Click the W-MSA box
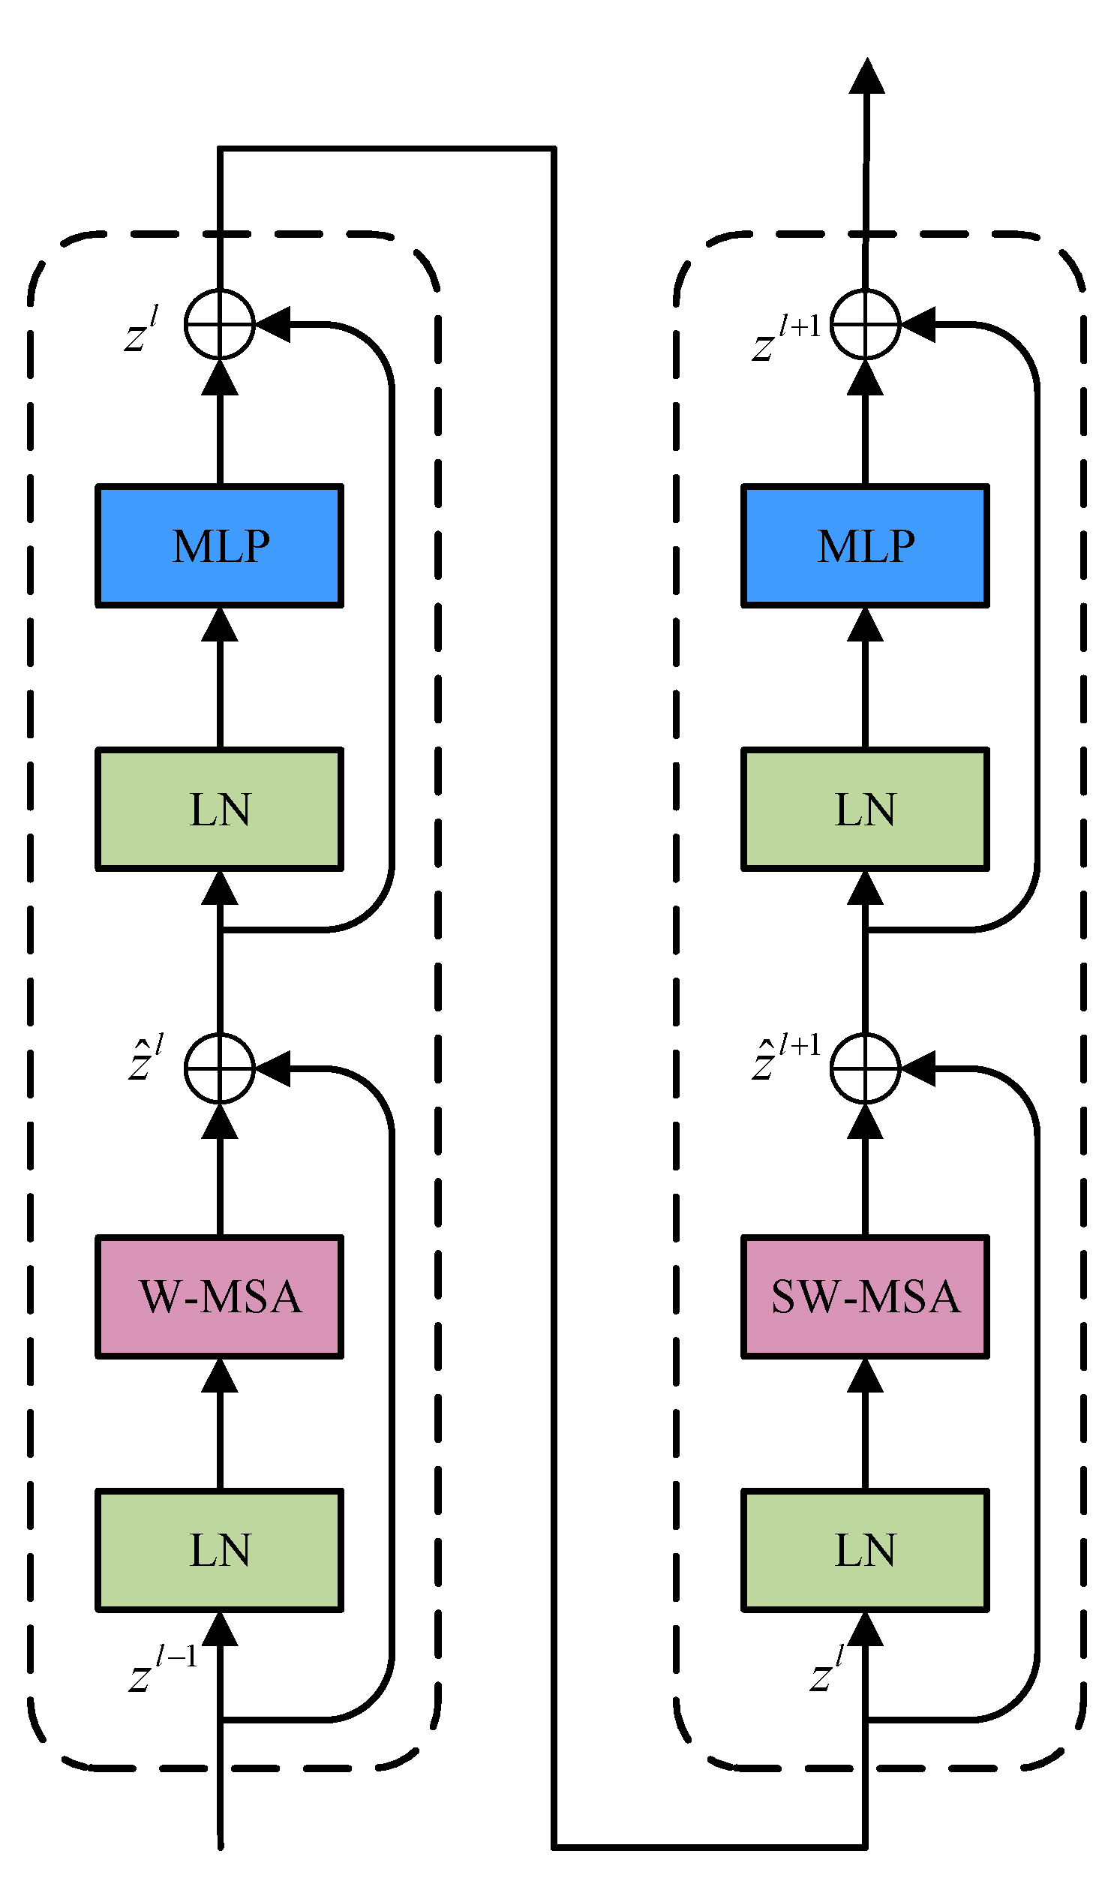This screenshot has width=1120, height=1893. pos(220,1297)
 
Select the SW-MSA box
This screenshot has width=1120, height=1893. pos(865,1297)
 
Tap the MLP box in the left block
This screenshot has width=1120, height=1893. pos(220,545)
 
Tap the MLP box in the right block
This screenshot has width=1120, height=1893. pos(865,545)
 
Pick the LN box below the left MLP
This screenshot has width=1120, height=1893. pos(220,809)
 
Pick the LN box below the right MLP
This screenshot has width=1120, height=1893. pos(865,809)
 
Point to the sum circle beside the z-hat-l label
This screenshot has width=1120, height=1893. pos(220,1068)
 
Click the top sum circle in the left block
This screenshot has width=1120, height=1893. pos(220,324)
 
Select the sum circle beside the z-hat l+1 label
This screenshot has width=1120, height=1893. pos(865,1068)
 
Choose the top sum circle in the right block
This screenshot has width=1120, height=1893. pos(865,324)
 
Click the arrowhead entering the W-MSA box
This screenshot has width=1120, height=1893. pos(220,1375)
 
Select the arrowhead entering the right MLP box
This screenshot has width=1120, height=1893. pos(865,625)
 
